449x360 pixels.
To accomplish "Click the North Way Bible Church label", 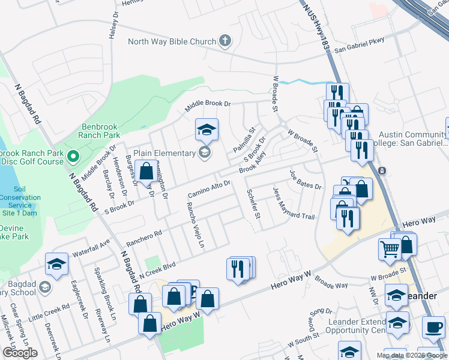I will [172, 41].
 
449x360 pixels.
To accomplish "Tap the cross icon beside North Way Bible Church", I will [225, 41].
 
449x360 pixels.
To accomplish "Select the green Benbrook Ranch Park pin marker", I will [73, 157].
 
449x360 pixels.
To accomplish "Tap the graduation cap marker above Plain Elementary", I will [206, 130].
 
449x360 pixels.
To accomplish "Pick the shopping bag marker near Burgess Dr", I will [146, 172].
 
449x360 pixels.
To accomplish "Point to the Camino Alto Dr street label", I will [209, 190].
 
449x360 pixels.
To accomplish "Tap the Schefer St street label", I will [253, 203].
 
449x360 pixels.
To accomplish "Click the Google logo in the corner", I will [20, 353].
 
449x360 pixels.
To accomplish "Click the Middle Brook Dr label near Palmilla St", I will [208, 103].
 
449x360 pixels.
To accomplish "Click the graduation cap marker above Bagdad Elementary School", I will [56, 264].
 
